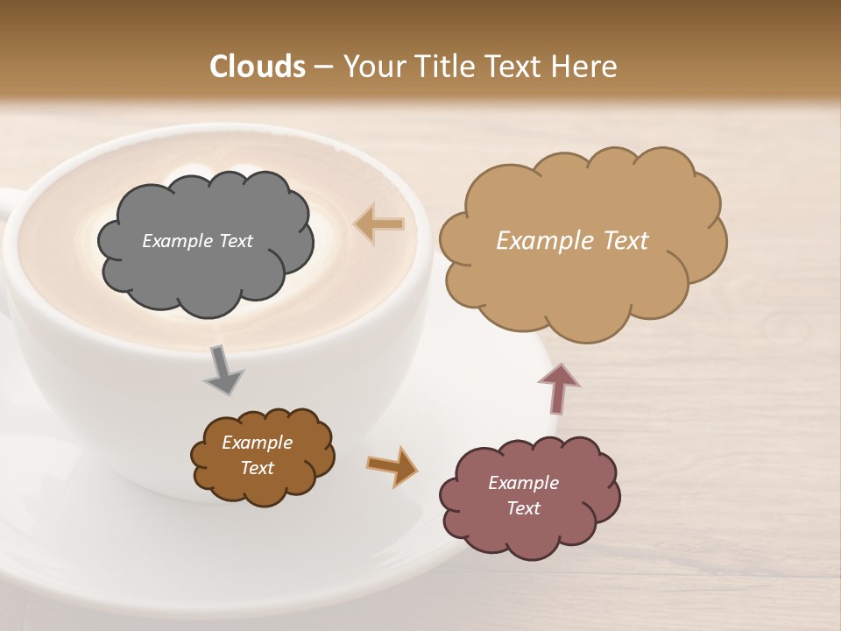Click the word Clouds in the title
coord(258,67)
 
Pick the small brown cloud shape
coord(263,486)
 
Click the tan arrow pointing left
coord(379,224)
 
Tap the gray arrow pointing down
coord(223,369)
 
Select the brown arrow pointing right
coord(391,464)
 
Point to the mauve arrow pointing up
coord(558,388)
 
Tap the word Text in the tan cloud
coord(620,241)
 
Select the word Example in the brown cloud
coord(258,443)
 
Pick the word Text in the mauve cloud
coord(524,508)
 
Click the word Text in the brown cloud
coord(258,468)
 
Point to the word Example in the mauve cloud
coord(524,483)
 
